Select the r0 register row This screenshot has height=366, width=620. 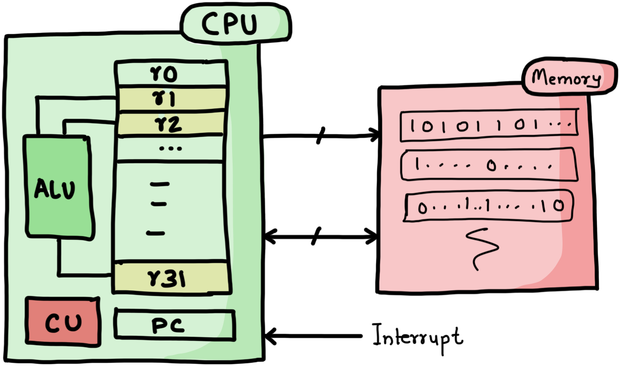click(171, 75)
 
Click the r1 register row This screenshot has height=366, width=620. click(171, 100)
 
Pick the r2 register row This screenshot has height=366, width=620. click(171, 124)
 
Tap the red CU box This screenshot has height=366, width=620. click(63, 322)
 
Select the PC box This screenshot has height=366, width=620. click(174, 325)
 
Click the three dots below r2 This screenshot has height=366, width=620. click(170, 148)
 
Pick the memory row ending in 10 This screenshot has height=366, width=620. click(488, 205)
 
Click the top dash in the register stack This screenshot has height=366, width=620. click(160, 184)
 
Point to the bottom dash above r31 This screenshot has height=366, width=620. click(156, 232)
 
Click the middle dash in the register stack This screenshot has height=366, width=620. click(158, 203)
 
